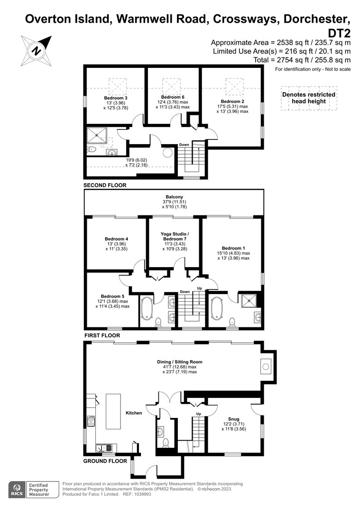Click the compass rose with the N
[37, 51]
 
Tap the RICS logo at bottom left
[17, 490]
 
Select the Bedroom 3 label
[116, 98]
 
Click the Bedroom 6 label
[173, 97]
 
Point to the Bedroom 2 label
[232, 102]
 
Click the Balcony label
[175, 197]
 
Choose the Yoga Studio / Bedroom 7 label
[175, 236]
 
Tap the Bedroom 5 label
[112, 296]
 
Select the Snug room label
[234, 419]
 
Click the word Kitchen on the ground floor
[134, 413]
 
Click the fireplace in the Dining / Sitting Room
[266, 367]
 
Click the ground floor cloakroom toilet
[166, 443]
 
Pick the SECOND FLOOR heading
[105, 185]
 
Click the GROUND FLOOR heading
[105, 461]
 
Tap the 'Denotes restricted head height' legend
[309, 98]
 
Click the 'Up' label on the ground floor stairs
[199, 414]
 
